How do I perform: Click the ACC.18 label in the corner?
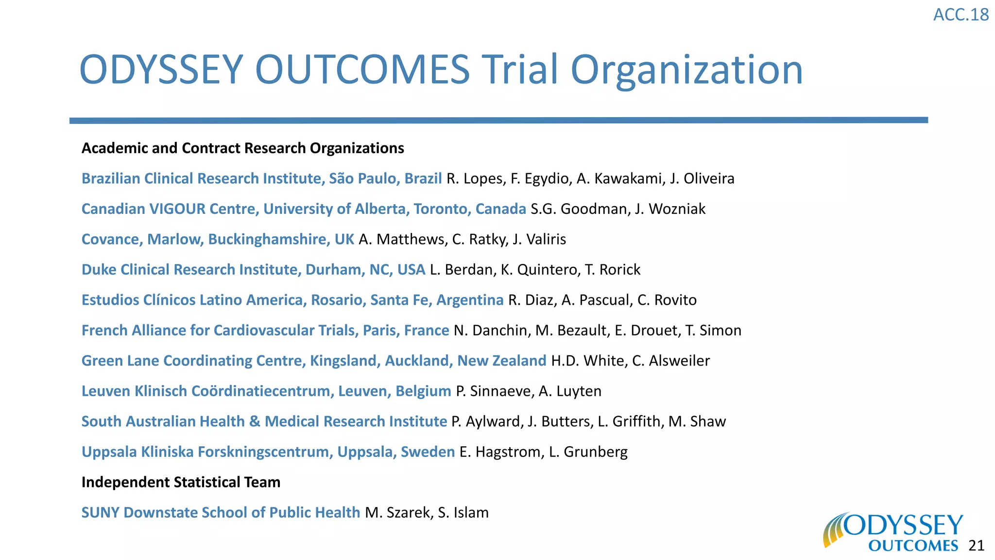[x=961, y=15]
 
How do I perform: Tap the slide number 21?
[x=976, y=545]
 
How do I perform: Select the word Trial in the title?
[x=519, y=70]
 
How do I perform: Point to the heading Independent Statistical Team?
[x=181, y=482]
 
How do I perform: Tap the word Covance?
[x=112, y=239]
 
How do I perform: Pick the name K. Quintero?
[x=540, y=270]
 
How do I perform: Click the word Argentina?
[x=470, y=300]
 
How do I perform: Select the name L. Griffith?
[x=629, y=421]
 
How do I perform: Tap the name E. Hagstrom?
[x=500, y=452]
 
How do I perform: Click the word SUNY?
[x=101, y=513]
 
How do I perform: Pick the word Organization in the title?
[x=686, y=70]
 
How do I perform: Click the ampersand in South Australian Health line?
[x=255, y=421]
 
